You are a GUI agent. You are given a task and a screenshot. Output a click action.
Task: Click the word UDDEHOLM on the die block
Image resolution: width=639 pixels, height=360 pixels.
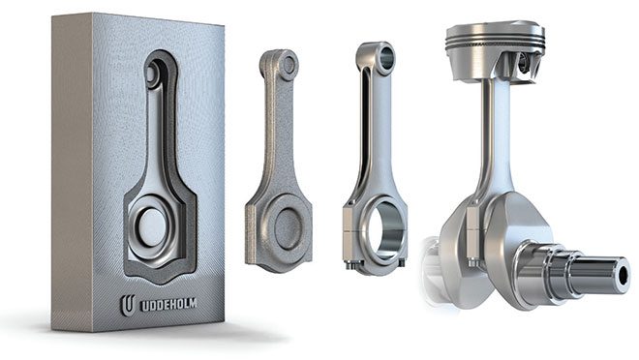click(168, 305)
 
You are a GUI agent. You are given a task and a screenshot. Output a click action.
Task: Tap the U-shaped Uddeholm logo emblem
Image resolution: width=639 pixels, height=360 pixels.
click(128, 305)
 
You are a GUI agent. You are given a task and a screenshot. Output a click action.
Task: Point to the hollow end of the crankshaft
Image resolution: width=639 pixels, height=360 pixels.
click(624, 276)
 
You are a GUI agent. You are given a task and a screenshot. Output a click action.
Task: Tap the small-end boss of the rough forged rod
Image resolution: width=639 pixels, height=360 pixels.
click(289, 64)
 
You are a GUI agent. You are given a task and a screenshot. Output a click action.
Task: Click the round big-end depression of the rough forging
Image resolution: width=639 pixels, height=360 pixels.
click(288, 228)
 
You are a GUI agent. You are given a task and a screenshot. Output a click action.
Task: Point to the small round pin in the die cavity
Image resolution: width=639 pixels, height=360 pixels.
click(151, 75)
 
